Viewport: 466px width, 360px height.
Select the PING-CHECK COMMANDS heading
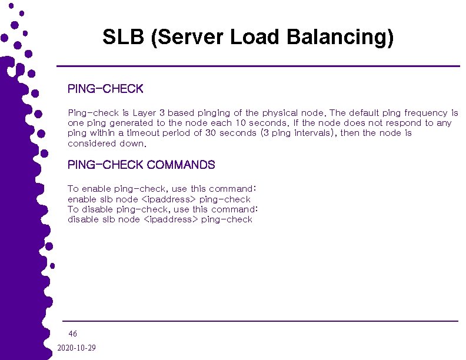tap(141, 165)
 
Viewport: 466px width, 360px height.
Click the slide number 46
tap(73, 334)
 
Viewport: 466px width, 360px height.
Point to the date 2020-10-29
tap(76, 348)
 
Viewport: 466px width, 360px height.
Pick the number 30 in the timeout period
tap(211, 133)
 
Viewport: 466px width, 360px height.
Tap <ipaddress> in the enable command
tap(170, 199)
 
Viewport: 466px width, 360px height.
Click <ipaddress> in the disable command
tap(171, 219)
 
